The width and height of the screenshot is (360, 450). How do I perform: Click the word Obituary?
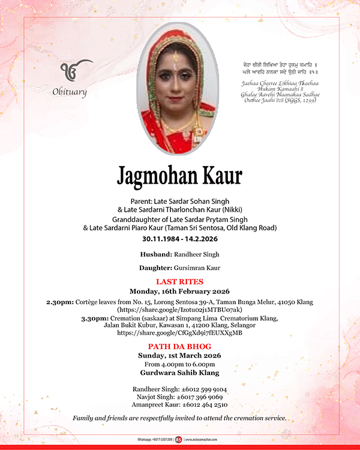tap(70, 92)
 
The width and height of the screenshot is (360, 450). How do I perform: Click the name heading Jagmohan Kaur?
tap(179, 175)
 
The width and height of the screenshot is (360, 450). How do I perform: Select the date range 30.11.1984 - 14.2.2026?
tap(179, 238)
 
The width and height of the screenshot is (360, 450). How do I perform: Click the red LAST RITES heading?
tap(179, 281)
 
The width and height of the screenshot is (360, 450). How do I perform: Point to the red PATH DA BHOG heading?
tap(179, 347)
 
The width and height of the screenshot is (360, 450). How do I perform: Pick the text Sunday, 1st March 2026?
tap(179, 355)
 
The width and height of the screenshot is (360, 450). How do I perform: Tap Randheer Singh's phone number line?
tap(179, 389)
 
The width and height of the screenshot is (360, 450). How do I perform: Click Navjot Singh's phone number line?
tap(179, 397)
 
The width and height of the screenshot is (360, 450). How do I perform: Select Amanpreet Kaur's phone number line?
tap(179, 404)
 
